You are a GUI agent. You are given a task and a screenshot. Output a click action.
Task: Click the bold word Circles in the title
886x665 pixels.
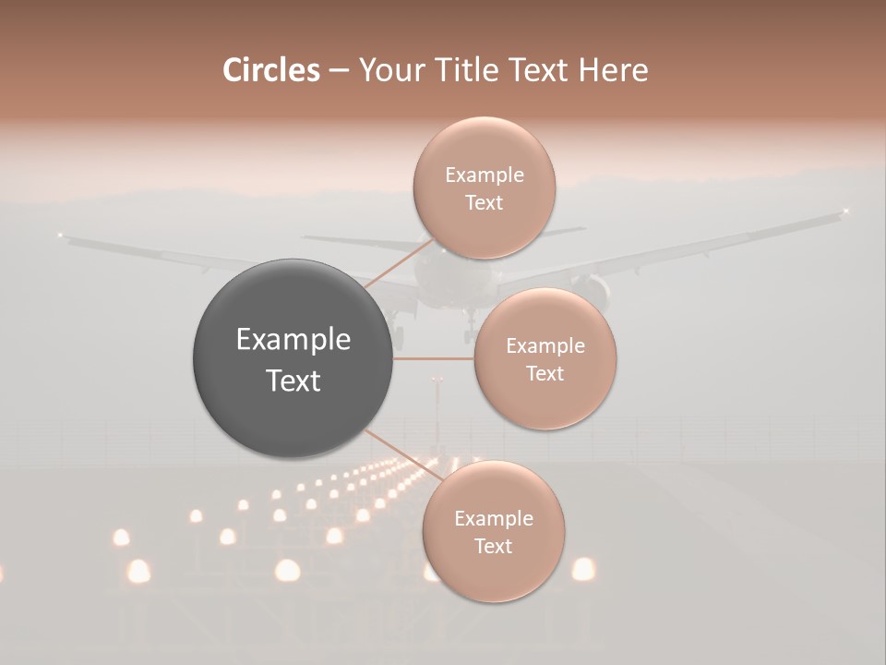pyautogui.click(x=270, y=70)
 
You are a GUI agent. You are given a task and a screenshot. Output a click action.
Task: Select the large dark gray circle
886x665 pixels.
pyautogui.click(x=293, y=358)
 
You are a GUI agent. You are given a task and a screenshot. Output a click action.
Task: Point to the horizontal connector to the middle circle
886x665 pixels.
pyautogui.click(x=434, y=358)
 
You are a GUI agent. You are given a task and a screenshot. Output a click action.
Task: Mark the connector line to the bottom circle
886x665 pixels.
pyautogui.click(x=403, y=455)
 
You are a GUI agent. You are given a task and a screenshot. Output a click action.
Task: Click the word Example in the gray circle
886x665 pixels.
pyautogui.click(x=293, y=340)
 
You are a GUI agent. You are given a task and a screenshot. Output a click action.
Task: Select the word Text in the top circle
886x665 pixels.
pyautogui.click(x=484, y=203)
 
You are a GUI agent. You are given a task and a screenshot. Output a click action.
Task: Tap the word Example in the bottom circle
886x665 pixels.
pyautogui.click(x=493, y=519)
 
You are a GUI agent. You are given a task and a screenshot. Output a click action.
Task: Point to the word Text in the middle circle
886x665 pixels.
pyautogui.click(x=545, y=373)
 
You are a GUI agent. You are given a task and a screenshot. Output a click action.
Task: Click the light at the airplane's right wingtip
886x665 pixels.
pyautogui.click(x=845, y=212)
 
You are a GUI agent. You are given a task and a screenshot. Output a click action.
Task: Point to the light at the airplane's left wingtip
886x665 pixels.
pyautogui.click(x=60, y=235)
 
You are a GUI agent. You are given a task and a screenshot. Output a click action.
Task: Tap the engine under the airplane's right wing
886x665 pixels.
pyautogui.click(x=593, y=292)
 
